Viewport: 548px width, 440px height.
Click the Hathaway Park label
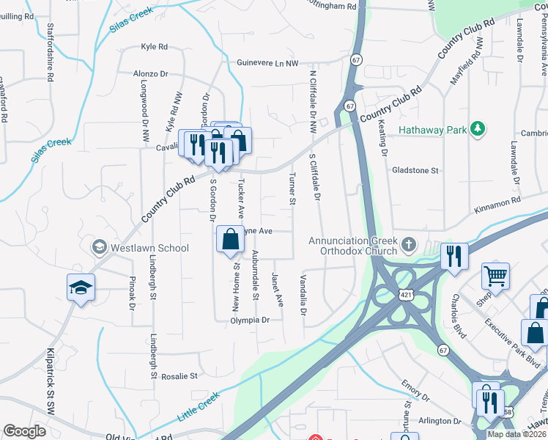432,131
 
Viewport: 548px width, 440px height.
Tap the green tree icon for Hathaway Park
478,130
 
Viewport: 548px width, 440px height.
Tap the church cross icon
409,243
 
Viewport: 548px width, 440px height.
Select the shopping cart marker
496,276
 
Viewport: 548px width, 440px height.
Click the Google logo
25,431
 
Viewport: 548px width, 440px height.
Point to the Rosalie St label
179,376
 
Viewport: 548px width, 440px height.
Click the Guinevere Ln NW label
267,63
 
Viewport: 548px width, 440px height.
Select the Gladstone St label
415,170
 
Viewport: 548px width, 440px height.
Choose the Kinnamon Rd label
496,200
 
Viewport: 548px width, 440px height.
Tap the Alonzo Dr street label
151,74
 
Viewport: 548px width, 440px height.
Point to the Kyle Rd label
154,47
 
